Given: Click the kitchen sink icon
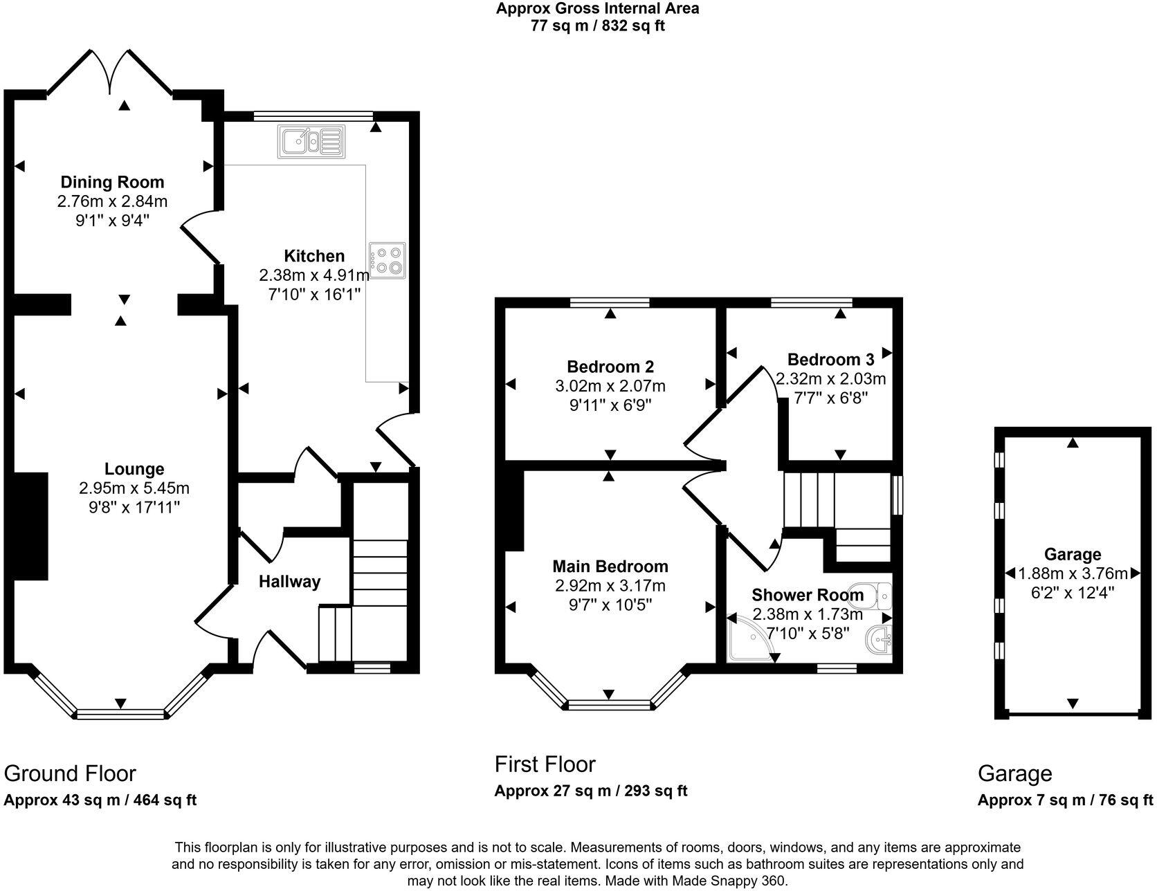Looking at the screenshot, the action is pos(311,141).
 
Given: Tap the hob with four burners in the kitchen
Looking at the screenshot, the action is pos(388,261).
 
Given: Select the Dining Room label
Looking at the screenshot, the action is pos(113,182).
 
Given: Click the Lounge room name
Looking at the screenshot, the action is pos(134,469).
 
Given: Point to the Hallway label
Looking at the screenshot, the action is pos(290,582).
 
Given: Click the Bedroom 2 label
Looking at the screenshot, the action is pos(610,367).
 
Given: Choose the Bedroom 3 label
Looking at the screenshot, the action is pos(831,360).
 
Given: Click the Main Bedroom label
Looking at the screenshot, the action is pos(610,567).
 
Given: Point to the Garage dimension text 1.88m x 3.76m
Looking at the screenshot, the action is pos(1073,573).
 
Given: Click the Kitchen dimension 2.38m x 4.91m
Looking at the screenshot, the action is pos(314,275).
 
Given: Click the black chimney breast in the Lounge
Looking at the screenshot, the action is pos(30,526).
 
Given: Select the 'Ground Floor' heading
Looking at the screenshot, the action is pos(70,773).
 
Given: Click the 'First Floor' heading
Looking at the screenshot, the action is pos(545,764).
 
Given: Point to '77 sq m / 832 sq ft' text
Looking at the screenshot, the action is pos(598,26).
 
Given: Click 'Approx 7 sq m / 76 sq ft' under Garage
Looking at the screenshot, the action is pos(1066,800).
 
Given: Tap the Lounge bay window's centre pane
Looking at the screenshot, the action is pos(120,714).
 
